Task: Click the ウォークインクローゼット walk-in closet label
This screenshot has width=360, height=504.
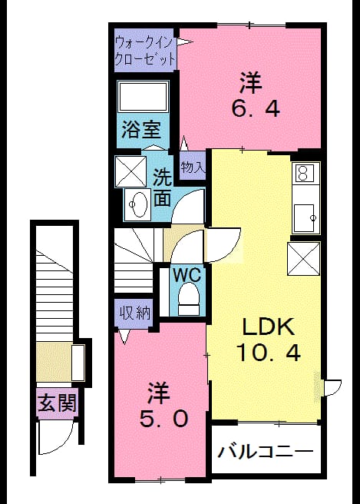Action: pos(145,51)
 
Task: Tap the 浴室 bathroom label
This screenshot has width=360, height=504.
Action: pos(141,130)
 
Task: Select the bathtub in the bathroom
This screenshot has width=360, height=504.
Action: pos(144,97)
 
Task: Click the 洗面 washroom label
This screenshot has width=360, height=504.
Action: pos(162,187)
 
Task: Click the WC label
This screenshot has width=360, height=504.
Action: pos(187,275)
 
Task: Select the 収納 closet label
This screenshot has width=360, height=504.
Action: pos(135,312)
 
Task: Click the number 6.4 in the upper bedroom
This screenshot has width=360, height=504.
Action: pos(255,108)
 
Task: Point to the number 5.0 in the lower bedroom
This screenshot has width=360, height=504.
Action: pos(163,419)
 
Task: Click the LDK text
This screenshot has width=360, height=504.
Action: pos(268,327)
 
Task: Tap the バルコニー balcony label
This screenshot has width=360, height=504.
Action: pos(266,452)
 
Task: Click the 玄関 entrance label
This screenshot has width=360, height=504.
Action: pos(57,403)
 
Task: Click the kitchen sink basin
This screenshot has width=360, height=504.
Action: pos(304,217)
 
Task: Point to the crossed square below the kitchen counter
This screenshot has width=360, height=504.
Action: pos(303,259)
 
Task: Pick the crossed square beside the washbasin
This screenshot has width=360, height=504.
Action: pos(130,171)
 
